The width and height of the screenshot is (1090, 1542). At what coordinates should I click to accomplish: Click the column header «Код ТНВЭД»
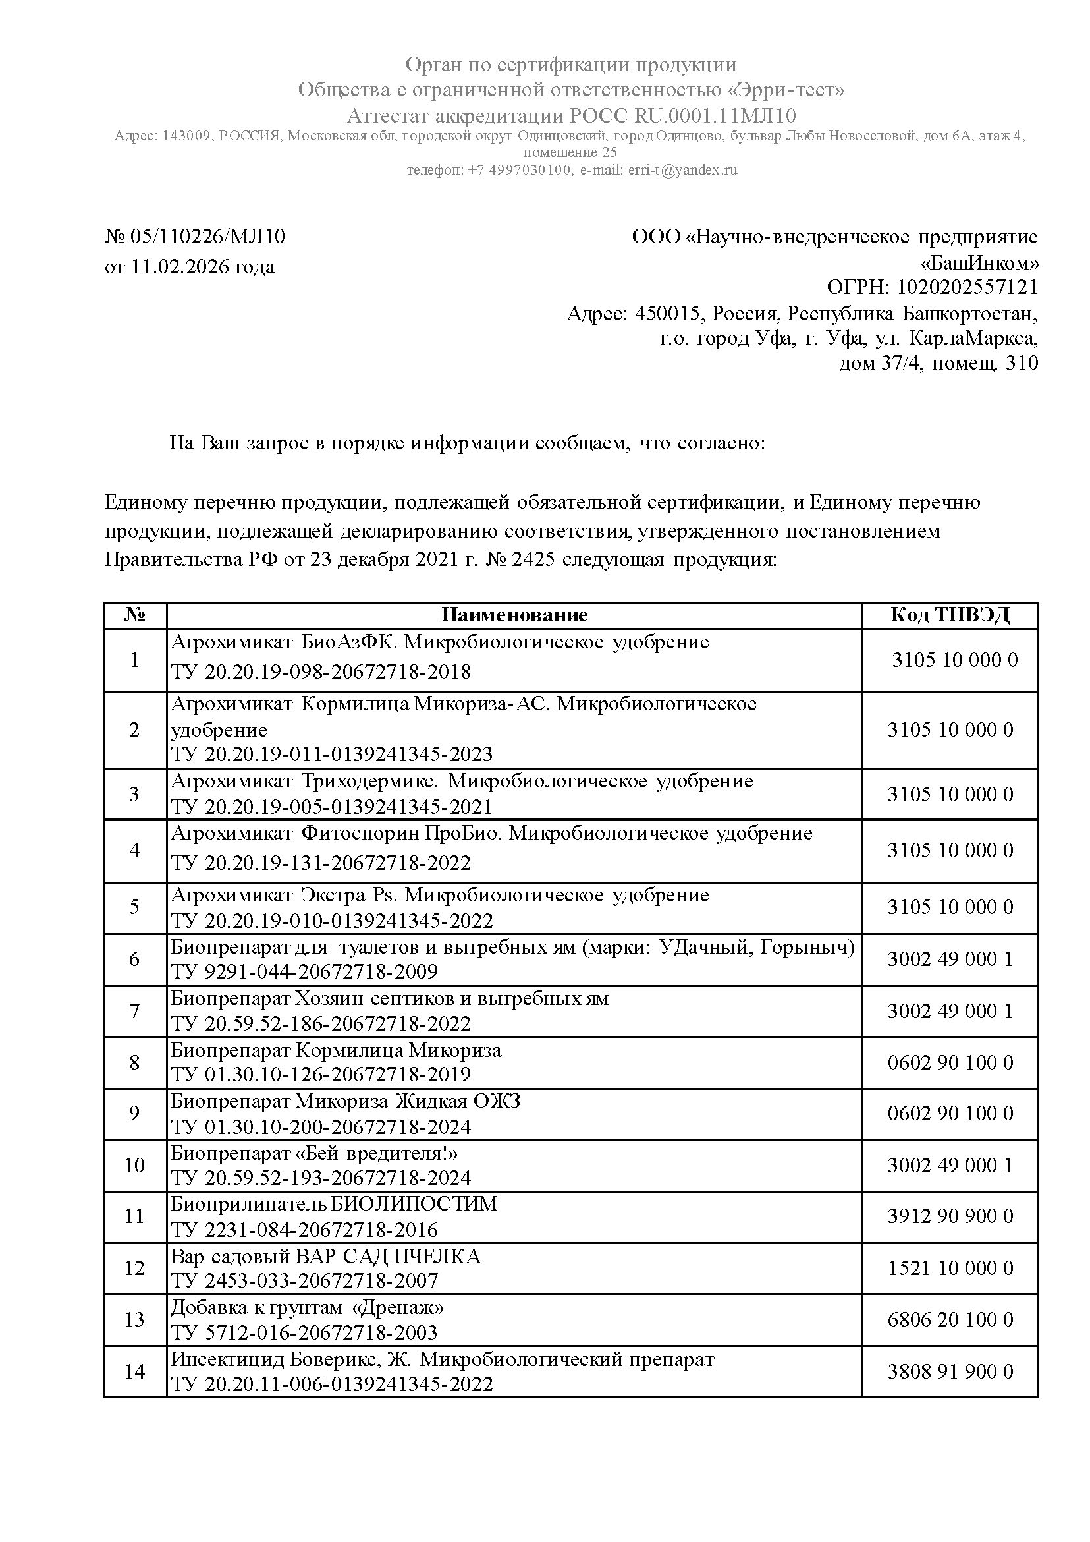tap(950, 615)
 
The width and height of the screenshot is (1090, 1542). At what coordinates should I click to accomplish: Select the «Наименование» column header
tap(514, 615)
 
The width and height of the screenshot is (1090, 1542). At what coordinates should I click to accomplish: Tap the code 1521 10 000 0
tap(950, 1268)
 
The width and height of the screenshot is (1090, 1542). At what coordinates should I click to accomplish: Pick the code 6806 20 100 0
tap(950, 1320)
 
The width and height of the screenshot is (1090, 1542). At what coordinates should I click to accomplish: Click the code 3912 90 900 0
tap(950, 1216)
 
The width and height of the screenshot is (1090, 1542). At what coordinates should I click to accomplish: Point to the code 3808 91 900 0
tap(950, 1371)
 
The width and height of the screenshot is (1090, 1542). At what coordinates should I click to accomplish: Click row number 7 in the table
tap(135, 1011)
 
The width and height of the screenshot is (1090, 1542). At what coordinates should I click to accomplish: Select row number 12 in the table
tap(135, 1268)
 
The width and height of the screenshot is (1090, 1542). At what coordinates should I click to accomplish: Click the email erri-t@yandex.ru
tap(682, 170)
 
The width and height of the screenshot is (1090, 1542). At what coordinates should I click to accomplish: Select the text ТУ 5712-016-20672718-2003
tap(304, 1332)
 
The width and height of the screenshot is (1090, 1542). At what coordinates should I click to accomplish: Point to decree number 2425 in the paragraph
tap(533, 559)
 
